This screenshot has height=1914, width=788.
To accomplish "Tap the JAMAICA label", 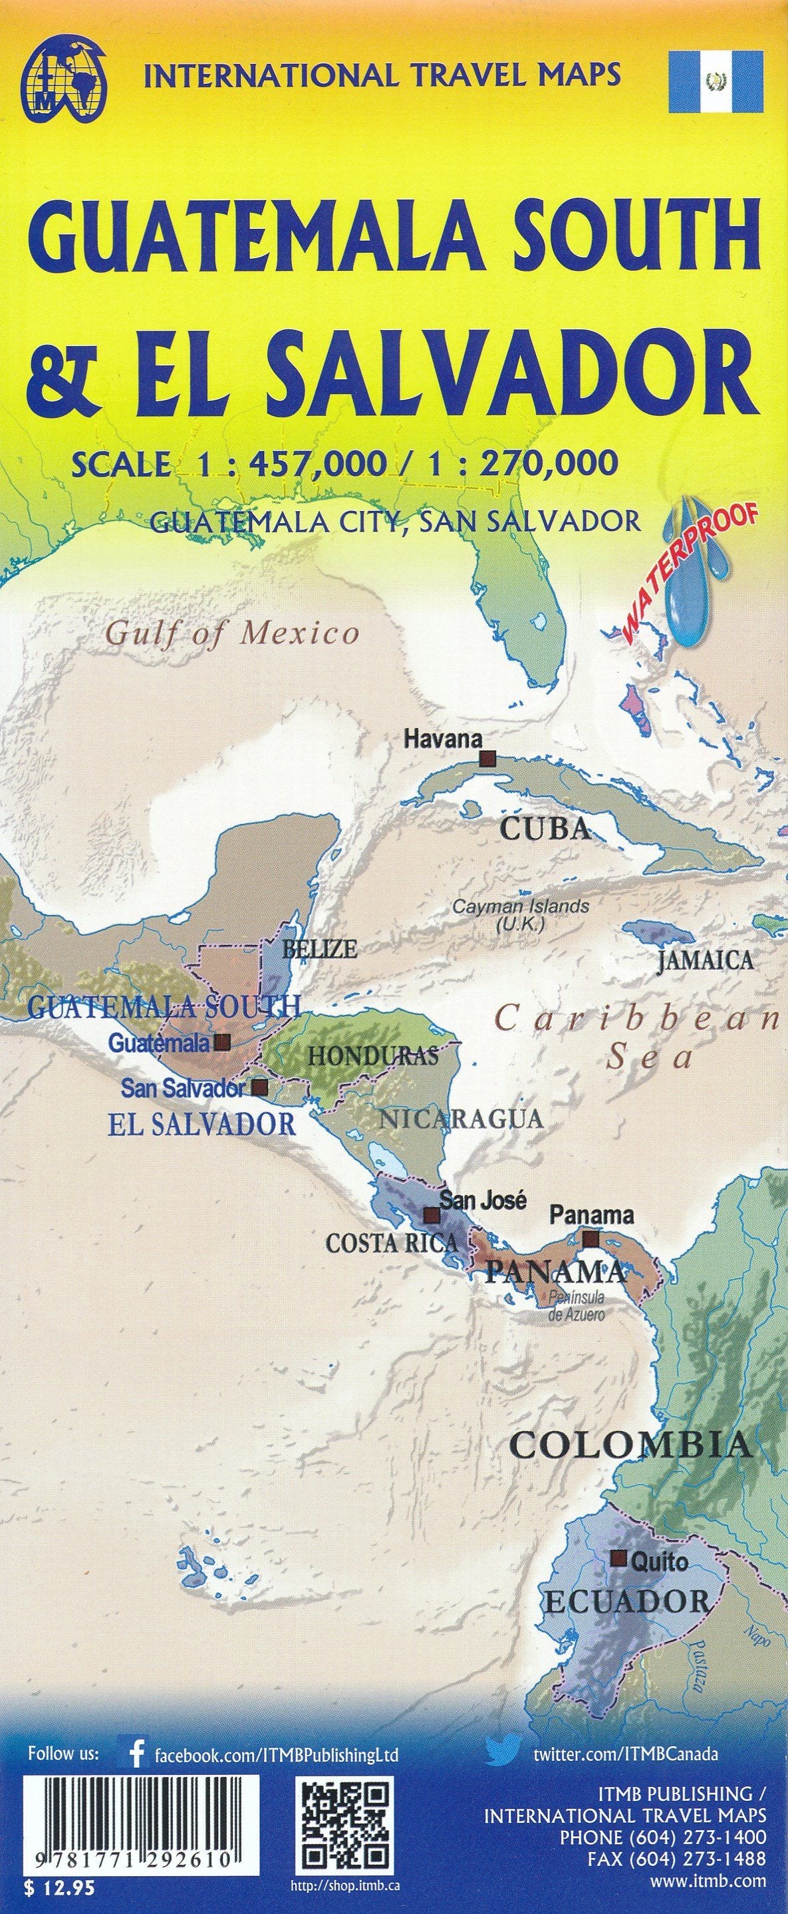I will point(705,961).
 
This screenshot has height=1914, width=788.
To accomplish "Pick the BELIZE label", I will point(320,949).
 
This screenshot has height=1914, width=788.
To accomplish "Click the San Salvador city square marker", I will point(259,1087).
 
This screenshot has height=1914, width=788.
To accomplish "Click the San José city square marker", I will point(431,1215).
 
